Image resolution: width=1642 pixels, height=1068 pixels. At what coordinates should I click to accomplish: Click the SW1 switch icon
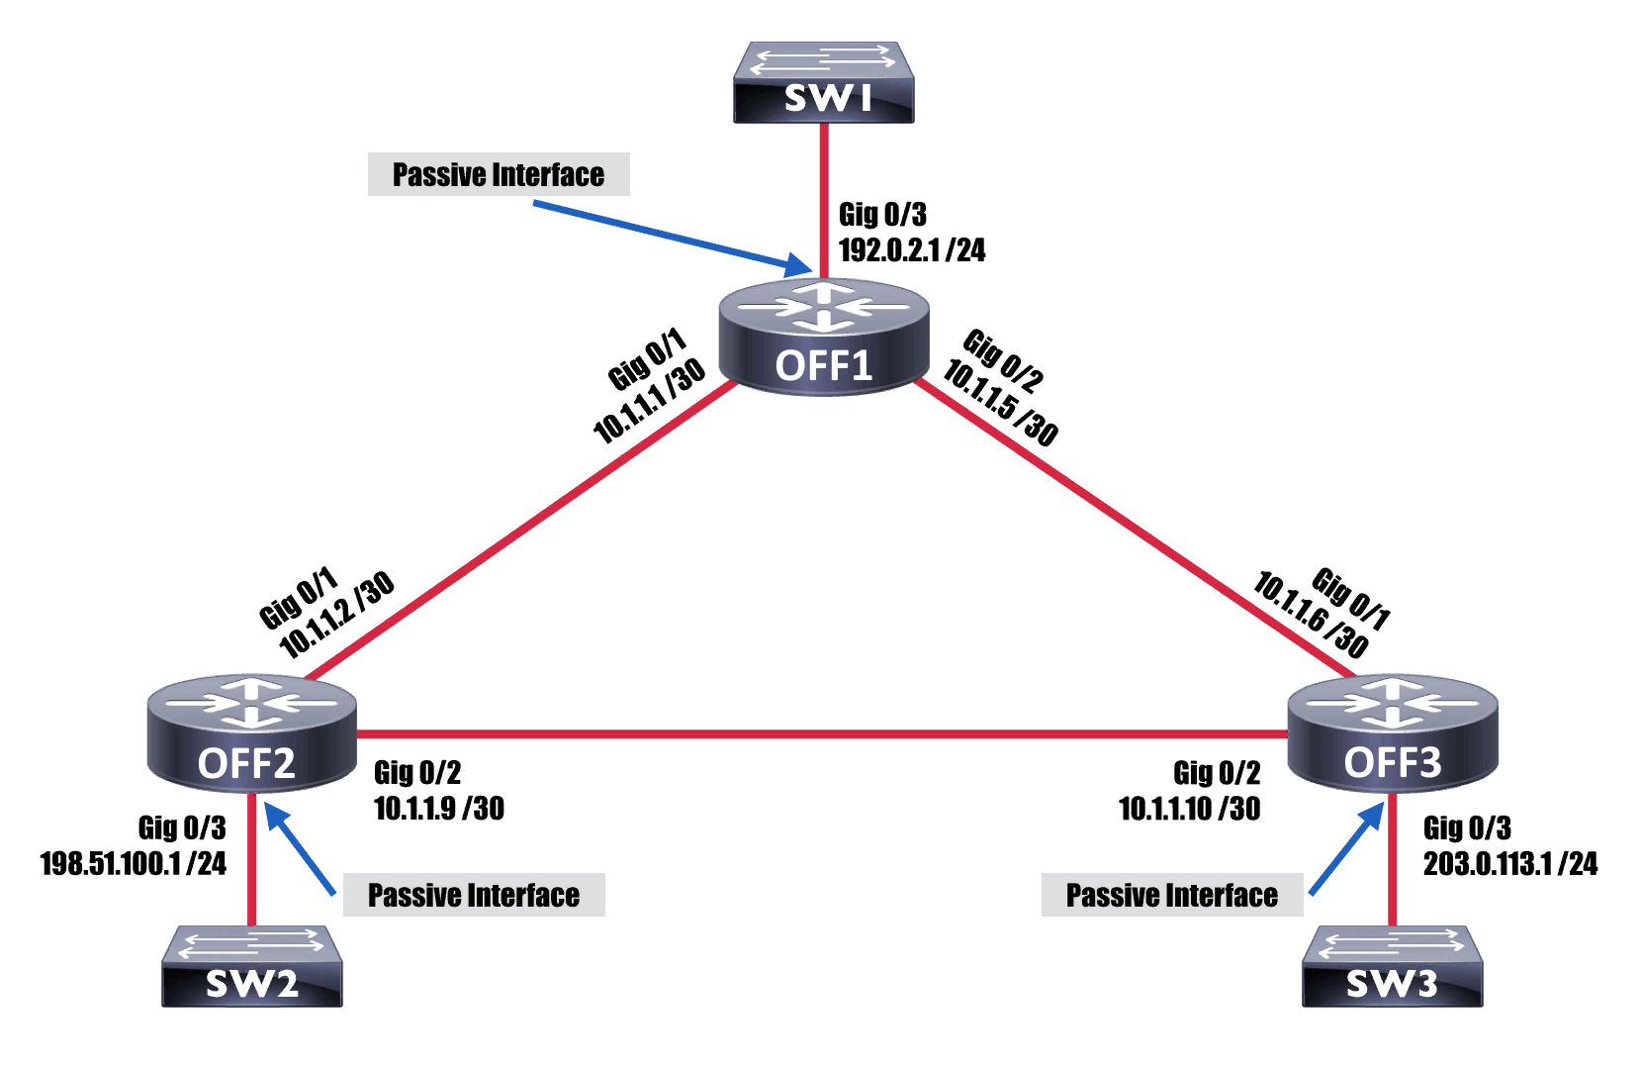coord(823,81)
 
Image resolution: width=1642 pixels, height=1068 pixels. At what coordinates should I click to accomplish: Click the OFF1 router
coord(824,338)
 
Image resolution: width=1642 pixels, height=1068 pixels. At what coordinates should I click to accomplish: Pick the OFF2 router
coord(251,733)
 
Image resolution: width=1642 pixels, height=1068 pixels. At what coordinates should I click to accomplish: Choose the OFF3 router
coord(1393,733)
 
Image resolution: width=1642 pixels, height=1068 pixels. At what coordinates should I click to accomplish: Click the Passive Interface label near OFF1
coord(499,174)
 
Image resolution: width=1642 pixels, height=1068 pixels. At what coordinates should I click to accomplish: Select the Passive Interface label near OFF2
coord(474,895)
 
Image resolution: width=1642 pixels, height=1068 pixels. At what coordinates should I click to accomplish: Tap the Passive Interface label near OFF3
coord(1172,895)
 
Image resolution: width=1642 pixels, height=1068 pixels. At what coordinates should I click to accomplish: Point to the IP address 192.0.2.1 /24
coord(912,250)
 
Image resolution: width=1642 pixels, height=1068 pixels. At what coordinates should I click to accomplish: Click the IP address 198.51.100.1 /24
coord(134,863)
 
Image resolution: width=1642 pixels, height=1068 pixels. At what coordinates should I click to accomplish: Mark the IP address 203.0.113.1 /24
coord(1510,863)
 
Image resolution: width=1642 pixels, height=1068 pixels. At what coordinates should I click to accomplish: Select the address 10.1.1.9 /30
coord(439,809)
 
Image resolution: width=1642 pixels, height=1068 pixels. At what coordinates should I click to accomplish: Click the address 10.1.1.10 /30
coord(1190,809)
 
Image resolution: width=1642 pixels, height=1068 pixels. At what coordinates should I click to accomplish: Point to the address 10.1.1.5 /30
coord(1001,404)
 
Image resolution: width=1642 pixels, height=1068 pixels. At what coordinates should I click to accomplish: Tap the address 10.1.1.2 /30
coord(336,615)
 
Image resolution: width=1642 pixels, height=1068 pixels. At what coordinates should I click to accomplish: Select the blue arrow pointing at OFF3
coord(1347,848)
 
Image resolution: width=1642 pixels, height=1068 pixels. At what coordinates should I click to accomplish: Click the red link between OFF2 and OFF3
coord(822,733)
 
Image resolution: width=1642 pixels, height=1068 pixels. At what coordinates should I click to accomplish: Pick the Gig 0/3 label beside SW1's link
coord(882,214)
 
